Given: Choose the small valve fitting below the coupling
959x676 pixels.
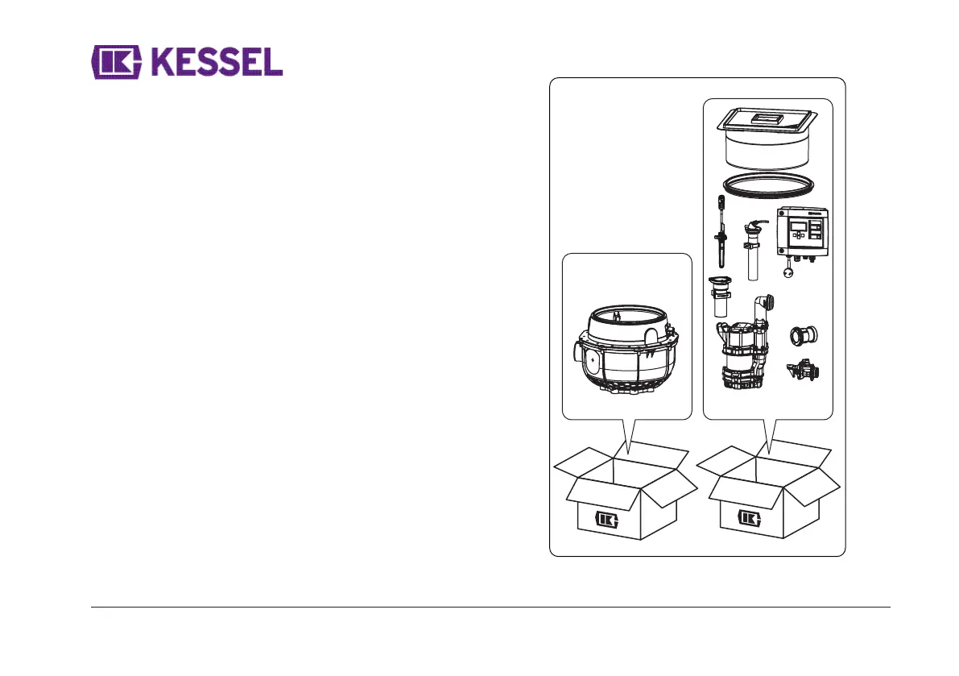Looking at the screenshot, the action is click(805, 371).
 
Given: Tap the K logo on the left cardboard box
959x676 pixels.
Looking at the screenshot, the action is click(606, 518).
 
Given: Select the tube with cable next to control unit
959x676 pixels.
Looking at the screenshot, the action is click(753, 250).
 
